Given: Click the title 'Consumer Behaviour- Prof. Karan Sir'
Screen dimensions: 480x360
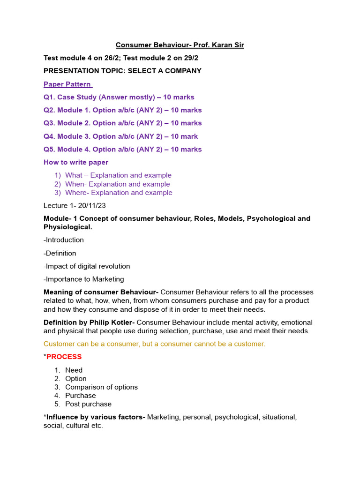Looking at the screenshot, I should pos(180,45).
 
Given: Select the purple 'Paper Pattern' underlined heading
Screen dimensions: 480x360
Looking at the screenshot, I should pos(67,84).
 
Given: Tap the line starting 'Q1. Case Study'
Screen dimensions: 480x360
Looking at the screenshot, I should pos(119,97).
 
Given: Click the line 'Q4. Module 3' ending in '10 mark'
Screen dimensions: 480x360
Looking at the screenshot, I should pos(120,136).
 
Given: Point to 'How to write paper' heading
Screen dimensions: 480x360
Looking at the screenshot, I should pos(76,162).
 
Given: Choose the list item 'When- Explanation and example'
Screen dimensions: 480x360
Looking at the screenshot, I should pos(117,184).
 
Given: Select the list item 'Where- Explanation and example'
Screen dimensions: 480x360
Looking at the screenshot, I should pos(119,193).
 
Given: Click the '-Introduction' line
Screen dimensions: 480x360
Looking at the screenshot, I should pos(64,240).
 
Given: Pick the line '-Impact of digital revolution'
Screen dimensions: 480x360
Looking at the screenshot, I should pos(87,266).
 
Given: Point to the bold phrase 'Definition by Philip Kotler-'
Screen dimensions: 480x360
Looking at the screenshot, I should pos(89,322).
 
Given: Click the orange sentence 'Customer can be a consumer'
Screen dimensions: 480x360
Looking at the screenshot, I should pos(154,344).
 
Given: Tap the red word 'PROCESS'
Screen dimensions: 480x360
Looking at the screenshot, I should pos(64,357).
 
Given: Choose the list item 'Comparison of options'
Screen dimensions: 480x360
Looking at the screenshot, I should pos(101,387).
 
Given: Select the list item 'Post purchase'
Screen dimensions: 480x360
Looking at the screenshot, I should pos(88,404).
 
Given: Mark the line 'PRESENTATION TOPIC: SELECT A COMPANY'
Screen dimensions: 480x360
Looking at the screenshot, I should pos(122,71).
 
